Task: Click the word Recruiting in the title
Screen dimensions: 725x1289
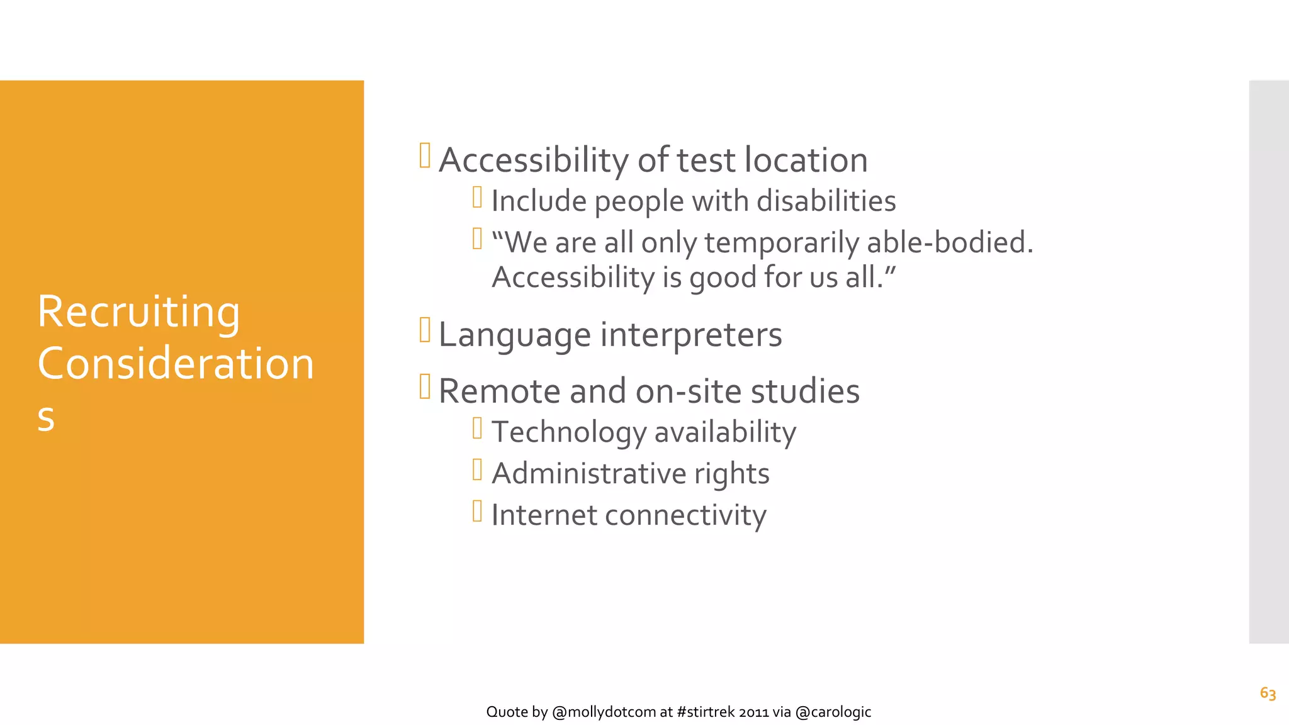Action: tap(138, 312)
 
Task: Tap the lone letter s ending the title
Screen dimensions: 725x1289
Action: tap(46, 417)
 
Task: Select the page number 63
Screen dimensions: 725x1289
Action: tap(1268, 693)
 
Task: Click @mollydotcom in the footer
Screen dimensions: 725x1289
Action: tap(604, 712)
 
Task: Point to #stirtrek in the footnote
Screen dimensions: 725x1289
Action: tap(706, 712)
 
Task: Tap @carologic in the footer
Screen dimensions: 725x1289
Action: tap(833, 712)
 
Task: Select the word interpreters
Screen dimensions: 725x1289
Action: tap(691, 335)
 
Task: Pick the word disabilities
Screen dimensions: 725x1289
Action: tap(826, 201)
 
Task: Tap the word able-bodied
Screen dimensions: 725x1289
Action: tap(950, 242)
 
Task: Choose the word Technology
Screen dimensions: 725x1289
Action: tap(569, 433)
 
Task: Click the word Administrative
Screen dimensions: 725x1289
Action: tap(588, 474)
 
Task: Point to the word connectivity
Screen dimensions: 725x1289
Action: tap(685, 515)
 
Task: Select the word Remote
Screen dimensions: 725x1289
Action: tap(500, 391)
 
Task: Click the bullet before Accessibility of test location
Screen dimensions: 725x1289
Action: tap(425, 156)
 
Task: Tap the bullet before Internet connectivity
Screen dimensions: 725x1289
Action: tap(477, 511)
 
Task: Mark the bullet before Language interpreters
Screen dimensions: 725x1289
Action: tap(425, 330)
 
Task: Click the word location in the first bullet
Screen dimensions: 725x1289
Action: tap(806, 160)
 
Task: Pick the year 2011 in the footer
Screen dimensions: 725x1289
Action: tap(753, 712)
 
